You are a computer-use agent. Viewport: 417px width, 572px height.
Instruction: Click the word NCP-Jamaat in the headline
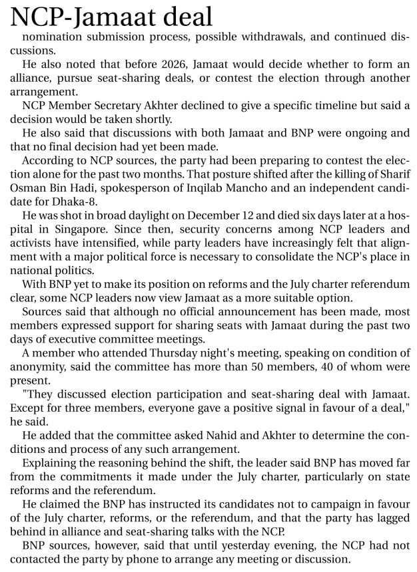[87, 17]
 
